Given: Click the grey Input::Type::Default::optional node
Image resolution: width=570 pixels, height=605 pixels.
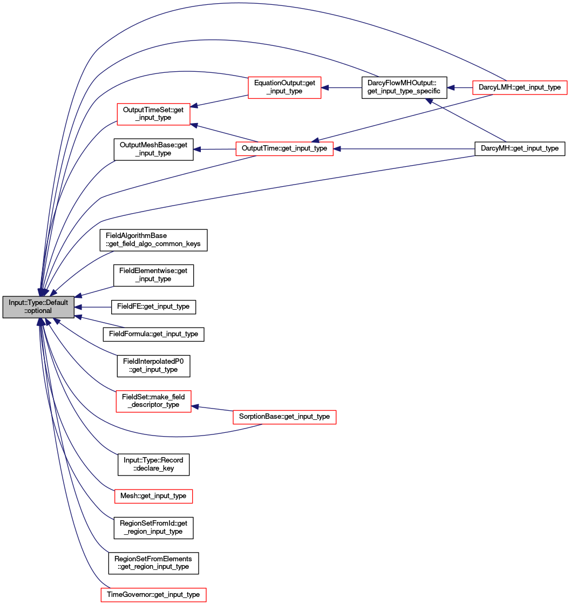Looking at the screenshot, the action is (38, 307).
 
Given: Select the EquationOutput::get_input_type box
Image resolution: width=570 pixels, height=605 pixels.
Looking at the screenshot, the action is (284, 87).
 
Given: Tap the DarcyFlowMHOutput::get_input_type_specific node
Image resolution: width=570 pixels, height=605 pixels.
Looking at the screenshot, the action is (404, 87).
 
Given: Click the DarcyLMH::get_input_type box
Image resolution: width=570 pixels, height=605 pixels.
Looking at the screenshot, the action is (519, 87).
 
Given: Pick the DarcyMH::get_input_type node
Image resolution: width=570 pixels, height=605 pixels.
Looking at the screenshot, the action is (519, 149).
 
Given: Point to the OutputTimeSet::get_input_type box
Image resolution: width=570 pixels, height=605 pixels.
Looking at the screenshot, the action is (153, 114).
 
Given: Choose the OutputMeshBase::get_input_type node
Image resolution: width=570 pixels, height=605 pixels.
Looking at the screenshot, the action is (153, 149).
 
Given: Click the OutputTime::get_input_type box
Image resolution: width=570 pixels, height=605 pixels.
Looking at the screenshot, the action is (284, 149).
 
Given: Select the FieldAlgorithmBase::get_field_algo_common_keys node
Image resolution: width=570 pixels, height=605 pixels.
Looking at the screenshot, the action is (153, 240).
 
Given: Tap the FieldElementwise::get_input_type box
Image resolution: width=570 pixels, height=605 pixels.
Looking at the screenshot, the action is (153, 275).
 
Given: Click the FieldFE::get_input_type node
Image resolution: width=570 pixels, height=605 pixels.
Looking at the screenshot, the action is (153, 307).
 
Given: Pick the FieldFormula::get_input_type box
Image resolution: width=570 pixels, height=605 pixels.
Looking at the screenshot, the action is (153, 334).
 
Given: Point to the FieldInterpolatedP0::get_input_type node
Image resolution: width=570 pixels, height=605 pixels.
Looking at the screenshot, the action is (153, 366).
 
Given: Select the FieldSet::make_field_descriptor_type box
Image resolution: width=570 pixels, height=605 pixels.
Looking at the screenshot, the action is (153, 401).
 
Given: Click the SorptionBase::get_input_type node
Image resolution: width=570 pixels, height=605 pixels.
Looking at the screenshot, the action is (284, 417).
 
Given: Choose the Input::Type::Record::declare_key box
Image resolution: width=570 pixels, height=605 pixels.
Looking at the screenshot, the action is (153, 465).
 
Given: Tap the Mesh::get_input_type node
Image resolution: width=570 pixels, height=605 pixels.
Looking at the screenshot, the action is (153, 496).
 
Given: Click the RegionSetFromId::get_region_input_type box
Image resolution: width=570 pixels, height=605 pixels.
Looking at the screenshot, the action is (153, 528).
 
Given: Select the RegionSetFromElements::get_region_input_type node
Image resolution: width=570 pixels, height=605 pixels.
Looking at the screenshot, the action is (153, 563).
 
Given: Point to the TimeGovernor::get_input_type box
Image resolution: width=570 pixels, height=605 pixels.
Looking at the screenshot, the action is (153, 595).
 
